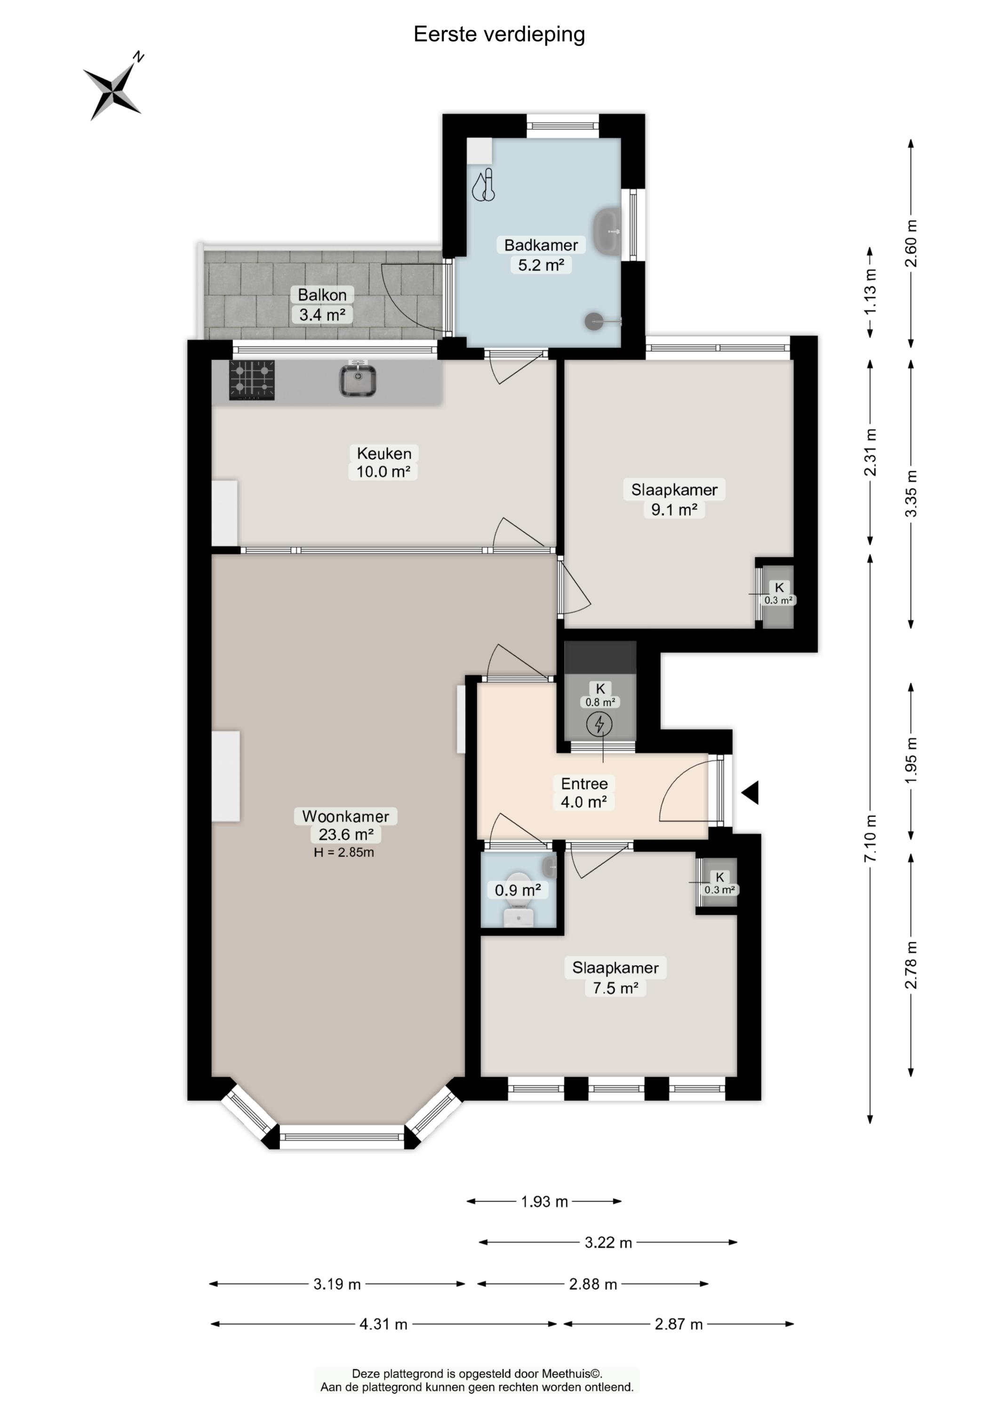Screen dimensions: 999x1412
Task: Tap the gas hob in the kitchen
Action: pos(252,380)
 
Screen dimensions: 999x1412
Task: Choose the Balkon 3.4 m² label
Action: pos(322,305)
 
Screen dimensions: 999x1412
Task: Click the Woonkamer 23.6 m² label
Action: pos(346,825)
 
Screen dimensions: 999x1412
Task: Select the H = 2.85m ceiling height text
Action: pos(344,852)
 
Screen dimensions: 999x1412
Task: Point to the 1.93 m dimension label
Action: pos(544,1201)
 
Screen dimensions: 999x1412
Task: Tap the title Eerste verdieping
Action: pos(499,34)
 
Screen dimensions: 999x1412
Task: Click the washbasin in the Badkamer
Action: pos(608,232)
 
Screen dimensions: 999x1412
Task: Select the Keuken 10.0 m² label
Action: pos(384,462)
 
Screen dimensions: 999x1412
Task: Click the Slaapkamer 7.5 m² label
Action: pos(615,977)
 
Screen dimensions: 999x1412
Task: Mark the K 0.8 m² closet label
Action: pos(600,695)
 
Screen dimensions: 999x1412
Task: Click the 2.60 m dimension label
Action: pos(911,243)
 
